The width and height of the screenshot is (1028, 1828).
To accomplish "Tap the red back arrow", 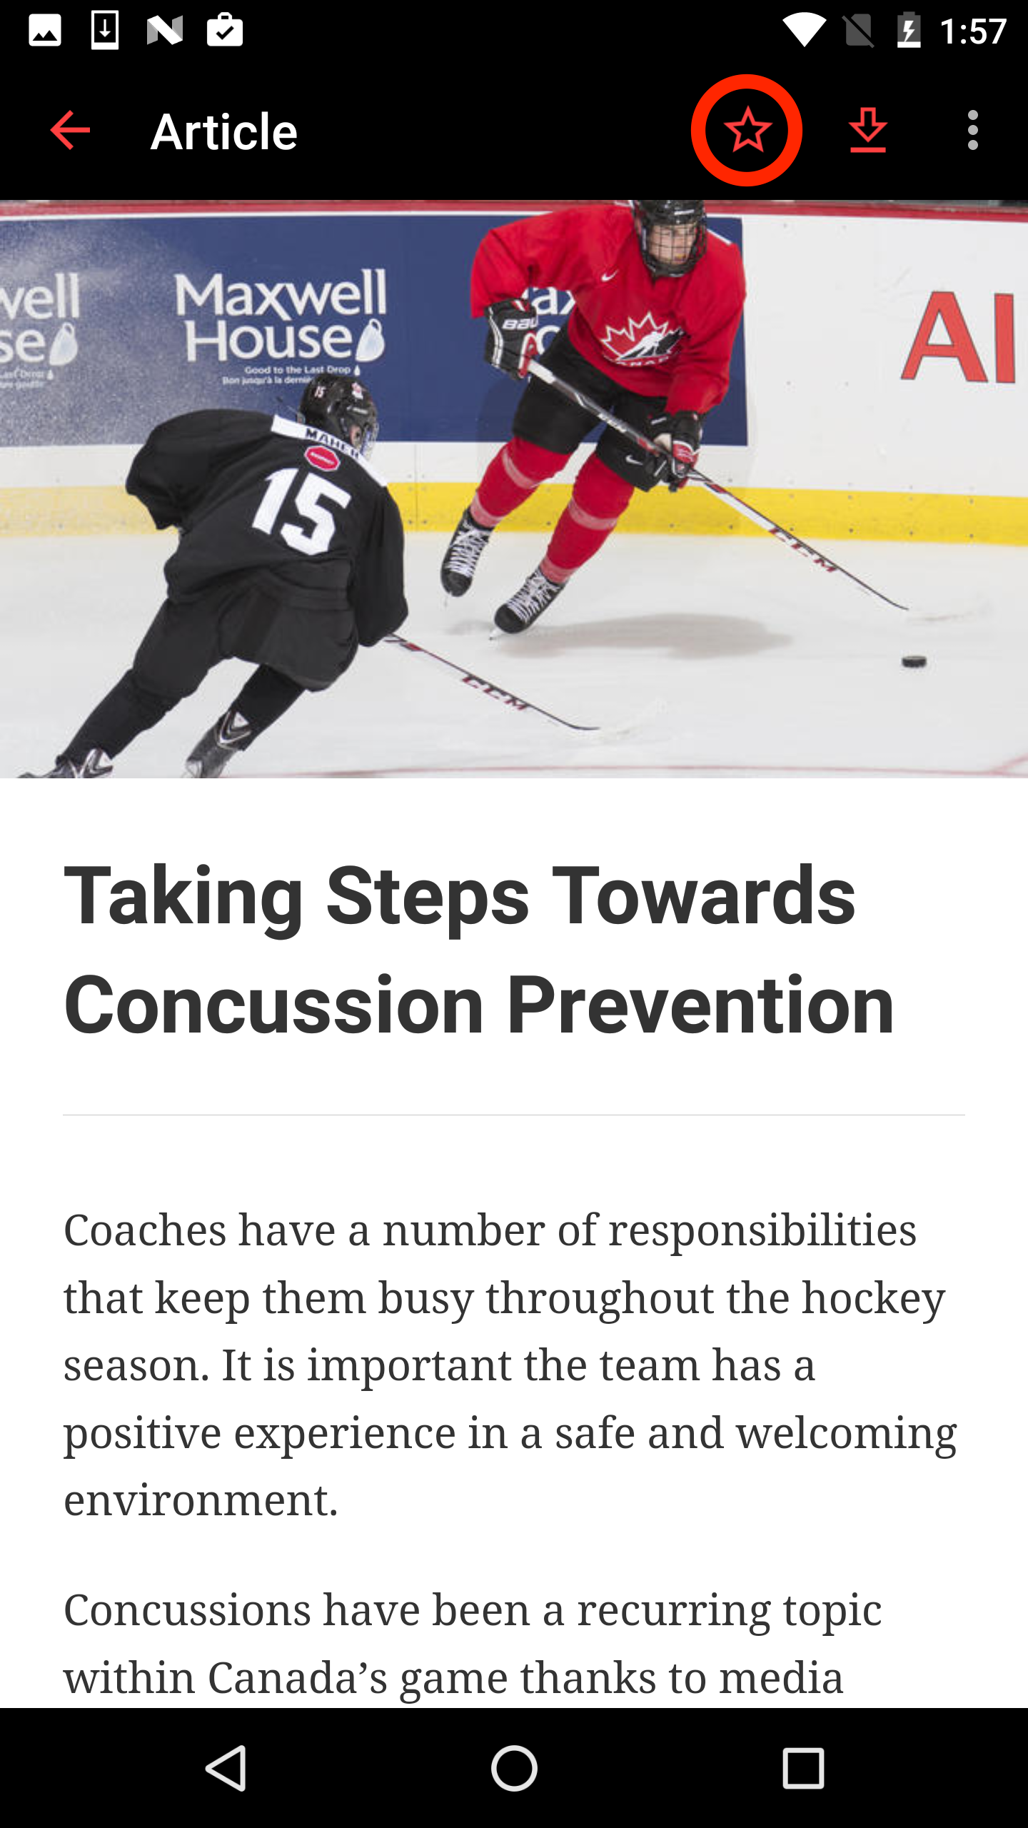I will click(70, 131).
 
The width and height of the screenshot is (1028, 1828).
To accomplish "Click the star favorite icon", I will click(747, 131).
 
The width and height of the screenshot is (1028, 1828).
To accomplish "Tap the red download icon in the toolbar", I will click(867, 131).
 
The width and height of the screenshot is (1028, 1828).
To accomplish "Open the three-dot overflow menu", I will click(972, 131).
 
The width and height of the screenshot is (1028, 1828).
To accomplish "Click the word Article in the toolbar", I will click(224, 132).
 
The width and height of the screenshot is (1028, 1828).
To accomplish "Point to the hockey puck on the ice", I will click(914, 661).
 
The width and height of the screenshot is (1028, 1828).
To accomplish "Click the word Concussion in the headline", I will click(274, 1005).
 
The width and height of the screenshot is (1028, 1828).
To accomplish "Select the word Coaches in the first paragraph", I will click(145, 1230).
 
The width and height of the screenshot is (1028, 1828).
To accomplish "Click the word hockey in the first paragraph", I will click(873, 1297).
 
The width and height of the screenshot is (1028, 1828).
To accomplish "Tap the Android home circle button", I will click(514, 1768).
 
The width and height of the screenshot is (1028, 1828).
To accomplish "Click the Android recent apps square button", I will click(803, 1768).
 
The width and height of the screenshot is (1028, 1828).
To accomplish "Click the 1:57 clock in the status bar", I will click(972, 31).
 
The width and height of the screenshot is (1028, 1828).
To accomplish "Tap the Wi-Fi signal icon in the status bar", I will click(804, 31).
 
